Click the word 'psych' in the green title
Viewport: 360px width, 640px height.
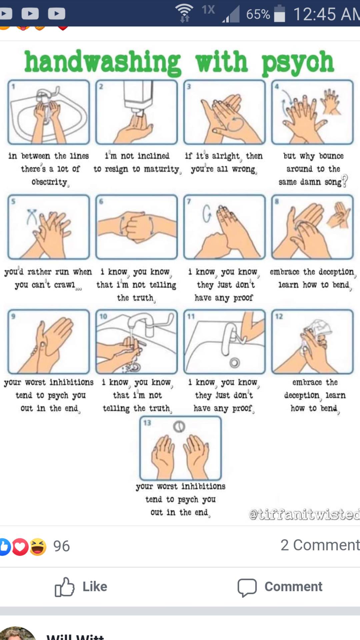(x=297, y=63)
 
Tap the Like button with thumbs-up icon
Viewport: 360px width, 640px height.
(x=81, y=587)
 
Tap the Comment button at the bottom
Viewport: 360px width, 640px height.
(x=280, y=587)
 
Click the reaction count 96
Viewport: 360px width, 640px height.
(x=61, y=546)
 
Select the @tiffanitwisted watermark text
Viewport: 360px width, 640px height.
(x=304, y=514)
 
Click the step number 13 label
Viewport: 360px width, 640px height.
(x=147, y=423)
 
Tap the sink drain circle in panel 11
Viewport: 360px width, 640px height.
(x=235, y=363)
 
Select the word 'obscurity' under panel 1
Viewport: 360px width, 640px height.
(x=49, y=182)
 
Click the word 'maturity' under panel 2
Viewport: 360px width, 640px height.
(x=162, y=169)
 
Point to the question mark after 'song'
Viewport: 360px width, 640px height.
(x=345, y=181)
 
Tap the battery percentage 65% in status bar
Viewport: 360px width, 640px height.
(x=258, y=14)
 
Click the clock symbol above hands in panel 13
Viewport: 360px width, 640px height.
(x=179, y=427)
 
